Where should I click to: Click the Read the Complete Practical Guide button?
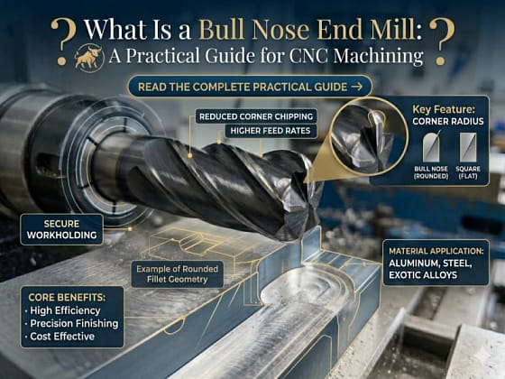tap(249, 87)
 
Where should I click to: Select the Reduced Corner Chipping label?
tap(256, 116)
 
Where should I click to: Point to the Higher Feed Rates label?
tap(269, 132)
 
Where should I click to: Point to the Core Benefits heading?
tap(64, 294)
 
